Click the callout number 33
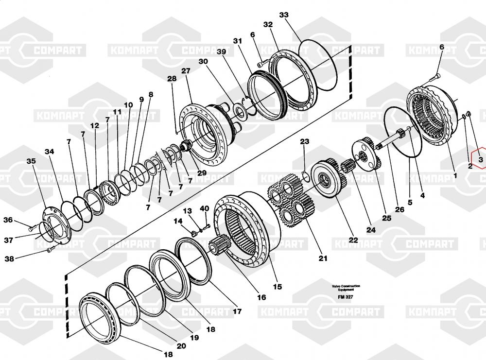[284, 15]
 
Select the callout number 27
[186, 71]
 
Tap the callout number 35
[31, 161]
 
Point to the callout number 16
[261, 297]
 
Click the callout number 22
[353, 240]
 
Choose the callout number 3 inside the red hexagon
[480, 159]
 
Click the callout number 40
[205, 208]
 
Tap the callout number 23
[304, 142]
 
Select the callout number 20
[181, 346]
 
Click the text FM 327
[346, 297]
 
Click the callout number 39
[221, 52]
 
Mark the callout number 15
[277, 287]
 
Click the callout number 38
[9, 259]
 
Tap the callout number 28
[172, 79]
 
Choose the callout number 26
[399, 210]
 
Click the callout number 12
[94, 125]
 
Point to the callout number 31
[237, 41]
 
